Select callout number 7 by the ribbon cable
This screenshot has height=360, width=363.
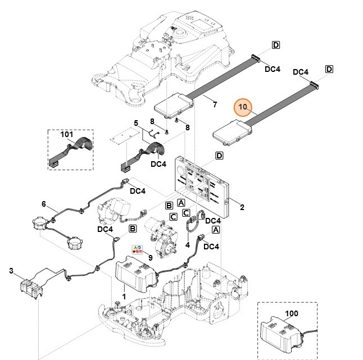click(214, 104)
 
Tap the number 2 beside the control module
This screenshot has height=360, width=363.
click(242, 207)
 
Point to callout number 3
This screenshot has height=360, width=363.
click(11, 271)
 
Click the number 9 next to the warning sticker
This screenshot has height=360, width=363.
click(149, 257)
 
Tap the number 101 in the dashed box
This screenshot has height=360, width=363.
click(67, 135)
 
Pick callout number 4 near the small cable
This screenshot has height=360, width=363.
click(187, 245)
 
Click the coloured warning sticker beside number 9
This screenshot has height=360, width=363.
click(136, 249)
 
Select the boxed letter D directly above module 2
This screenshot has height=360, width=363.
click(219, 155)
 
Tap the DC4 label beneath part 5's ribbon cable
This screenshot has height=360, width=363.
click(158, 164)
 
